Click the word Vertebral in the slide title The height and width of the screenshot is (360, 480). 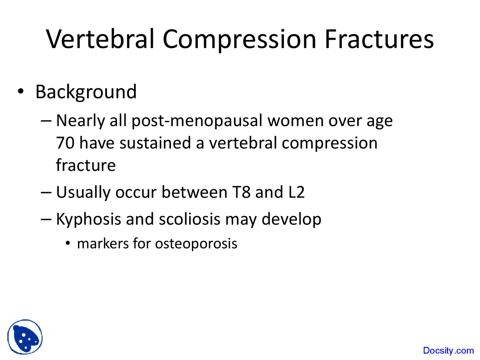(100, 39)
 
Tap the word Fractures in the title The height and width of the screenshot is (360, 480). (379, 39)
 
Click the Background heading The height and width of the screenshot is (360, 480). (86, 92)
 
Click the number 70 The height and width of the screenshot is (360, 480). (65, 143)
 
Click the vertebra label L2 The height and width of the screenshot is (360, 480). (296, 192)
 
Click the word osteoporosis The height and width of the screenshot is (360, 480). (196, 244)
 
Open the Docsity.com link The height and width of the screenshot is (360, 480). (448, 351)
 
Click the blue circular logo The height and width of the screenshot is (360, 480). (25, 337)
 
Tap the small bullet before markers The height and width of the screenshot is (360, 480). (67, 244)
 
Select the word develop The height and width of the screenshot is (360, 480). (291, 219)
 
